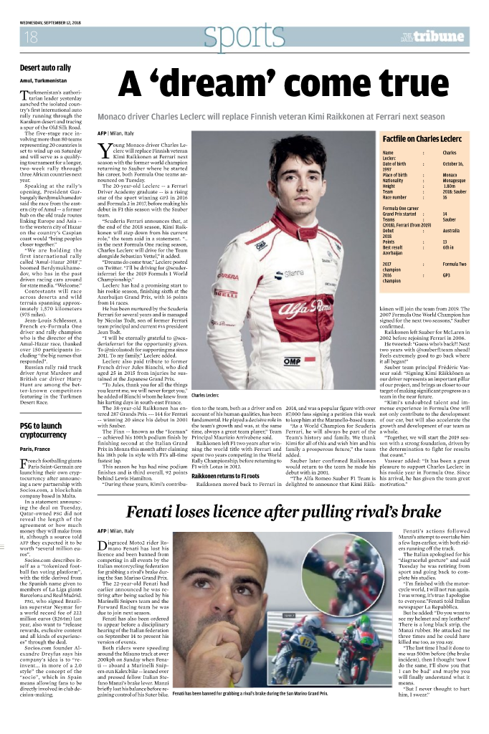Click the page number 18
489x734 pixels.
(31, 37)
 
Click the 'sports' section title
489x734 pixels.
(236, 37)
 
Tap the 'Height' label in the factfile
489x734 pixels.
(391, 186)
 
